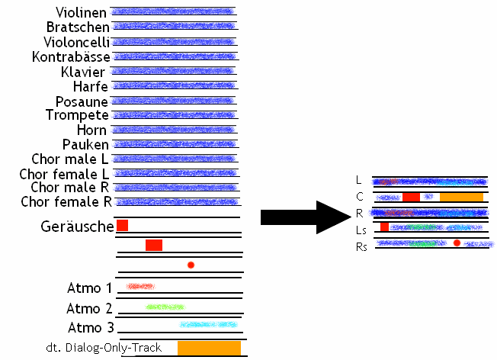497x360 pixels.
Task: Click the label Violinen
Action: tap(81, 13)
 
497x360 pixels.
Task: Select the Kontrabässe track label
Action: tap(71, 57)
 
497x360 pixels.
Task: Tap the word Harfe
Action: tap(91, 87)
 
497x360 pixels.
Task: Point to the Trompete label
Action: tap(77, 115)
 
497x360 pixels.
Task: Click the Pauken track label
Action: tap(85, 144)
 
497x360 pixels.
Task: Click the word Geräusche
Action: tap(76, 227)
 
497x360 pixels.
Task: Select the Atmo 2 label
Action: tap(89, 308)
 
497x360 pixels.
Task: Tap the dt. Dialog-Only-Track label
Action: tap(104, 348)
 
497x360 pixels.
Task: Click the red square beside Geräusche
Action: tap(122, 226)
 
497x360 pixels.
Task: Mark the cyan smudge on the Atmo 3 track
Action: tap(208, 324)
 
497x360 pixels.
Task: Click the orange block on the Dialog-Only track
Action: tap(209, 348)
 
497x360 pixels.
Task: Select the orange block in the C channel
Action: tap(461, 197)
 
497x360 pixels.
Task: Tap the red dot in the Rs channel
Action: tap(457, 243)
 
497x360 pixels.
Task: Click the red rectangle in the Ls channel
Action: tap(385, 227)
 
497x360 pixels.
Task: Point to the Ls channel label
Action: tap(361, 230)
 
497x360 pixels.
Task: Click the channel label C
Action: tap(359, 197)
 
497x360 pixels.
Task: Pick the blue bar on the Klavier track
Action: tap(173, 72)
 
